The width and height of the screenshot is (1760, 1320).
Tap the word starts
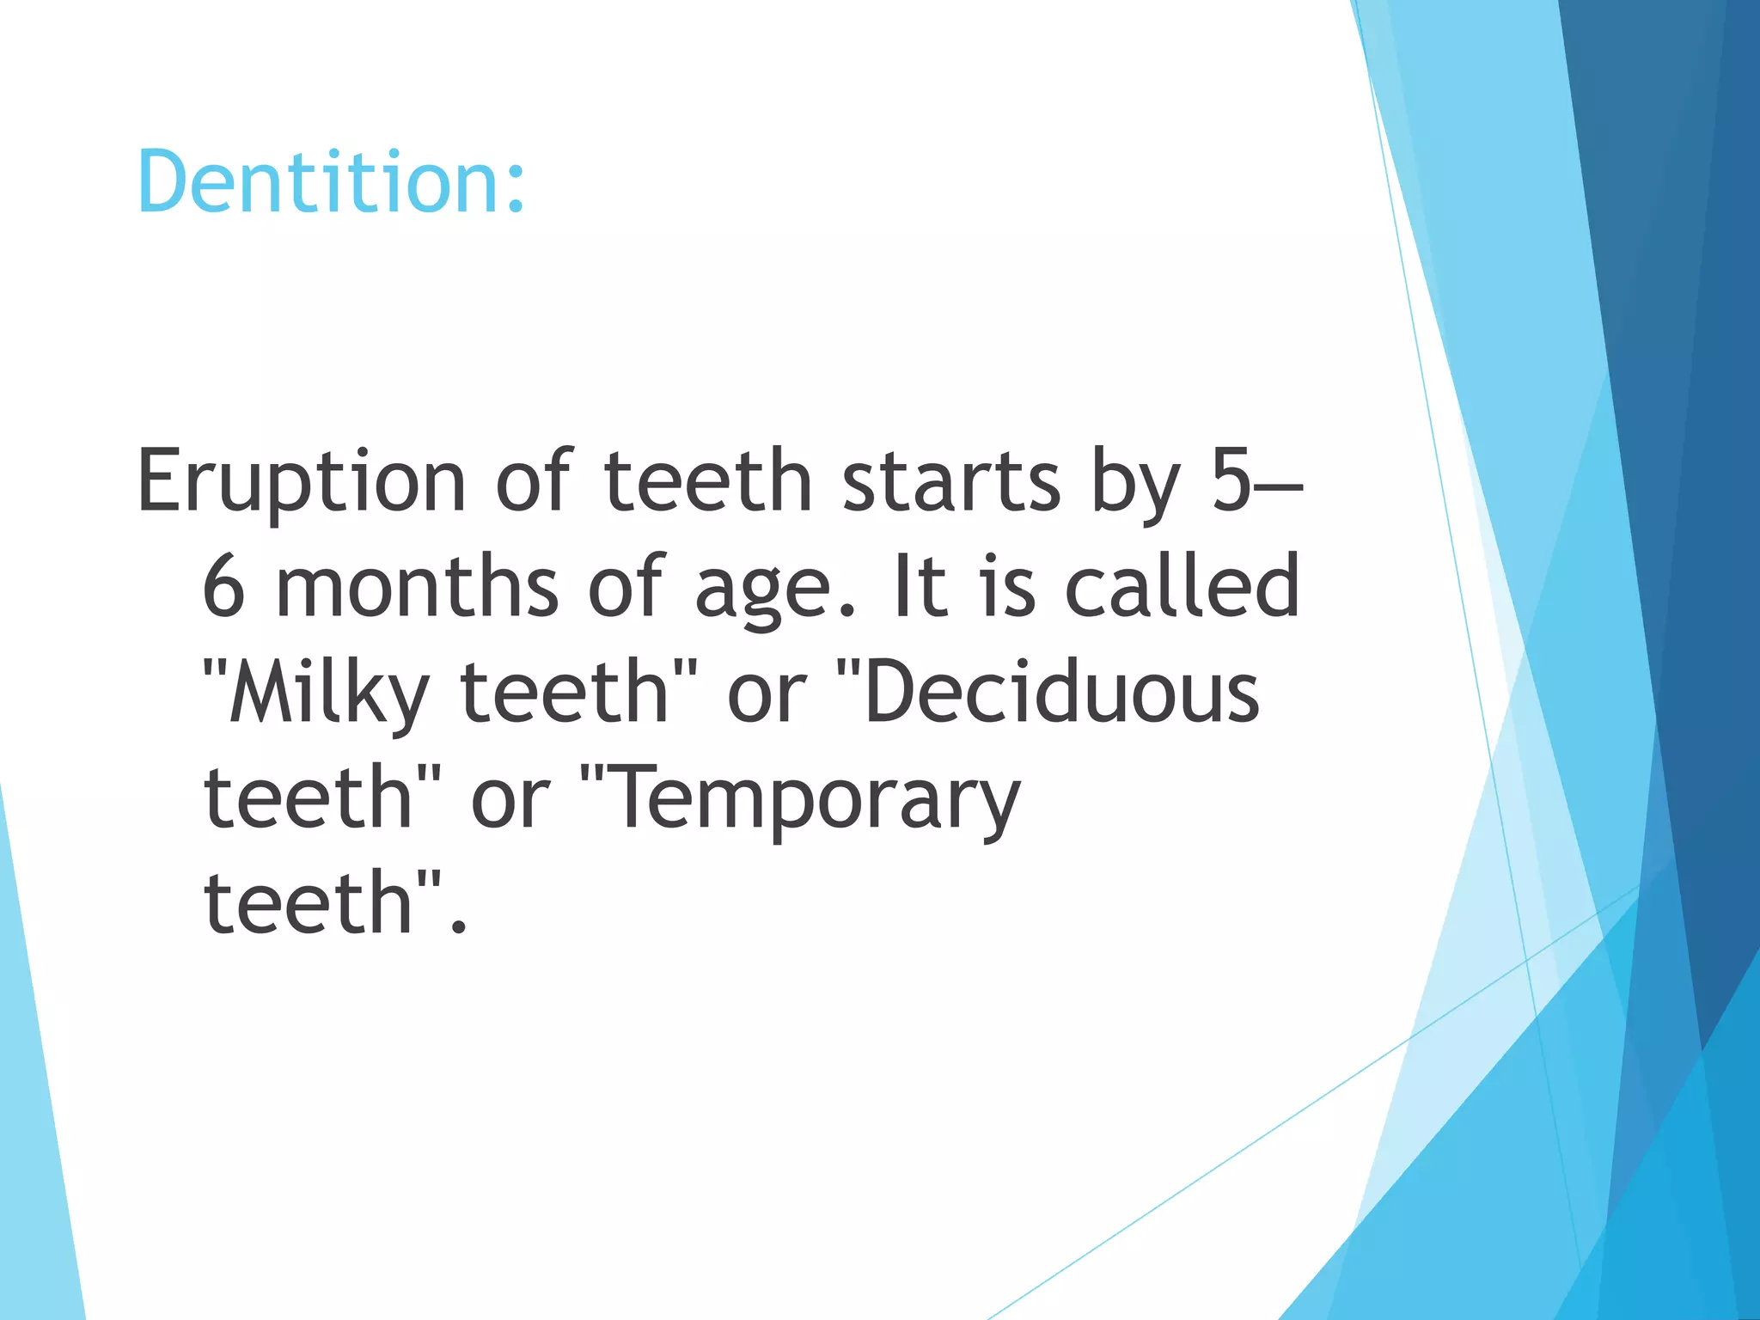click(951, 481)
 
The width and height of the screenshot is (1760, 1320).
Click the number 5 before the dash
click(1231, 481)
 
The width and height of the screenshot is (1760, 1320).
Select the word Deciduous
click(1062, 693)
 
